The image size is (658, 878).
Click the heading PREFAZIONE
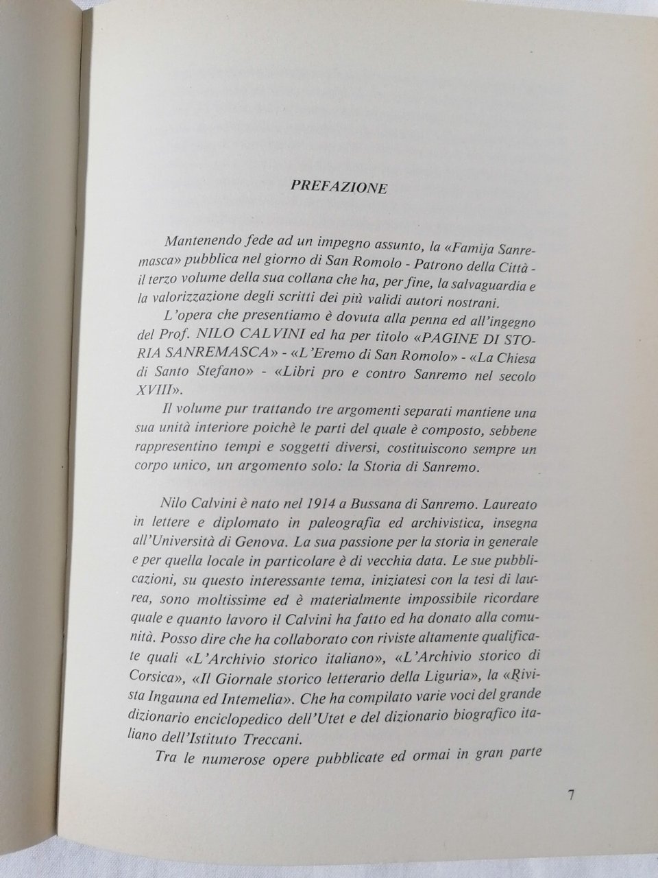click(x=339, y=187)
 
